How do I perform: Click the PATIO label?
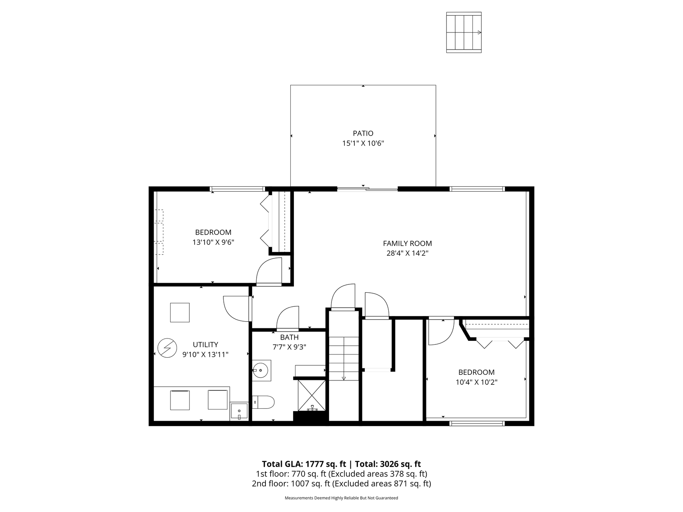[363, 133]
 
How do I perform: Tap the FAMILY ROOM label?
[407, 243]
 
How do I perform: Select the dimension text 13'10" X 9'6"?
[213, 242]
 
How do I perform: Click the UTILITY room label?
[205, 344]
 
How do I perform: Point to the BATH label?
[289, 338]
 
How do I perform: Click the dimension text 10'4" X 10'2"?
[476, 382]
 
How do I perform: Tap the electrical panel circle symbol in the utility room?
[167, 348]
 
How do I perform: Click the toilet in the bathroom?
[264, 402]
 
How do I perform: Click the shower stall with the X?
[311, 395]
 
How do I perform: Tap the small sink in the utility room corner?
[239, 411]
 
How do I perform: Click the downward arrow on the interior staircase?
[344, 378]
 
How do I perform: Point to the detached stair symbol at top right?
[464, 32]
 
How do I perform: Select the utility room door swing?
[236, 308]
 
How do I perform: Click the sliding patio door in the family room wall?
[367, 189]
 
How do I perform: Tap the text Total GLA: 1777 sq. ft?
[304, 464]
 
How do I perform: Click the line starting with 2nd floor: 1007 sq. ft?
[341, 484]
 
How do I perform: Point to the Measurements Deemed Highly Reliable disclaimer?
[341, 498]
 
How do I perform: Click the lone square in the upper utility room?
[180, 312]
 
